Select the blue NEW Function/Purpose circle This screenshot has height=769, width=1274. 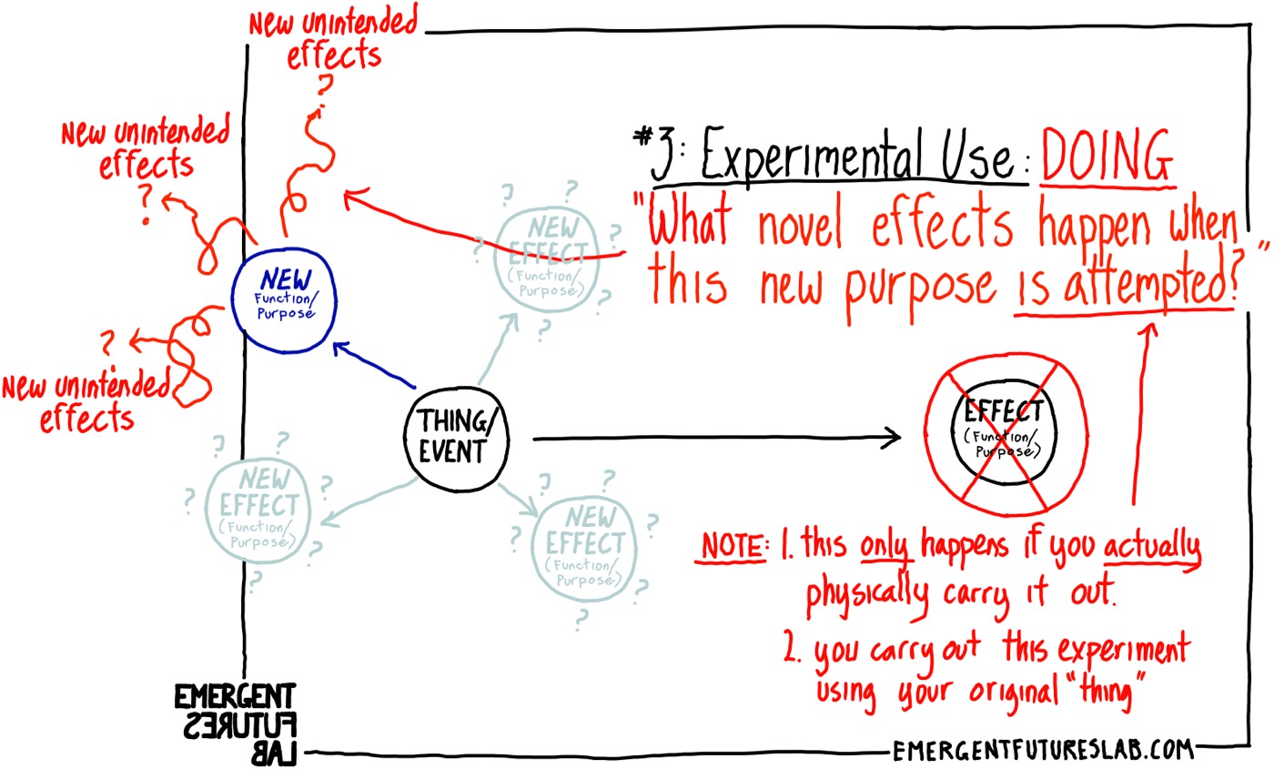[x=285, y=291]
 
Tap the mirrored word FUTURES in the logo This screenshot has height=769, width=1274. [x=235, y=726]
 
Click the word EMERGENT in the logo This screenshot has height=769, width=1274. [x=235, y=698]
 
